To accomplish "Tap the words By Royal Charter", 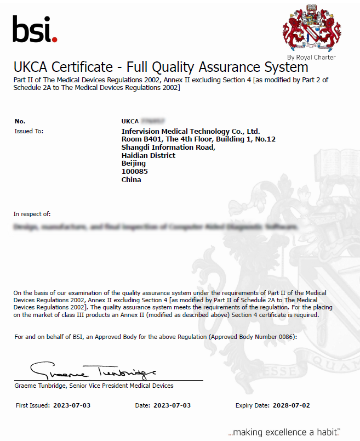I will [311, 57].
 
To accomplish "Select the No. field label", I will [20, 121].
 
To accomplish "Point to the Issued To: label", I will [28, 131].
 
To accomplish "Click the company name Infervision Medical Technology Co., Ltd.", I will [190, 131].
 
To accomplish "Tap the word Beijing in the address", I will [133, 163].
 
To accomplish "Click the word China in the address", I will [131, 179].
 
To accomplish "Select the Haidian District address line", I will [148, 155].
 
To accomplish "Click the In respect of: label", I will [32, 214].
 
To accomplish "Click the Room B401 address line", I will [198, 139].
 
